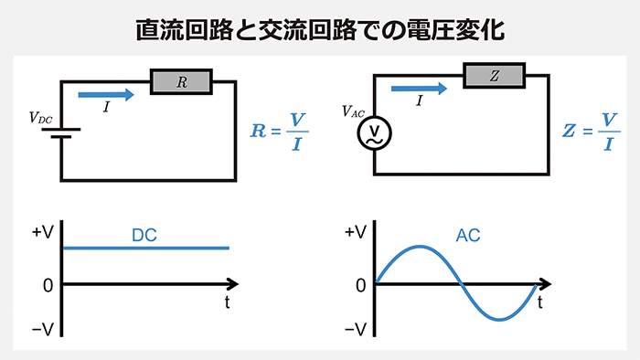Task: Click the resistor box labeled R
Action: (181, 82)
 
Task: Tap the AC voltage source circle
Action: (373, 135)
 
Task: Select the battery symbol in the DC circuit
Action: (61, 134)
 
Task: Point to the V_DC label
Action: (41, 117)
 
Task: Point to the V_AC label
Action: (353, 111)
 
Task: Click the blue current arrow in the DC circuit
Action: (106, 92)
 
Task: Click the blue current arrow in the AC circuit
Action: (418, 89)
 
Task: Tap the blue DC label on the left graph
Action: (144, 235)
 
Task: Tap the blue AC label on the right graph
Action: (468, 235)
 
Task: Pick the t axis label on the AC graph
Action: (540, 301)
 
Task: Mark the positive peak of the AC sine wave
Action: (420, 247)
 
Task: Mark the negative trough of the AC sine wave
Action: (500, 319)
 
